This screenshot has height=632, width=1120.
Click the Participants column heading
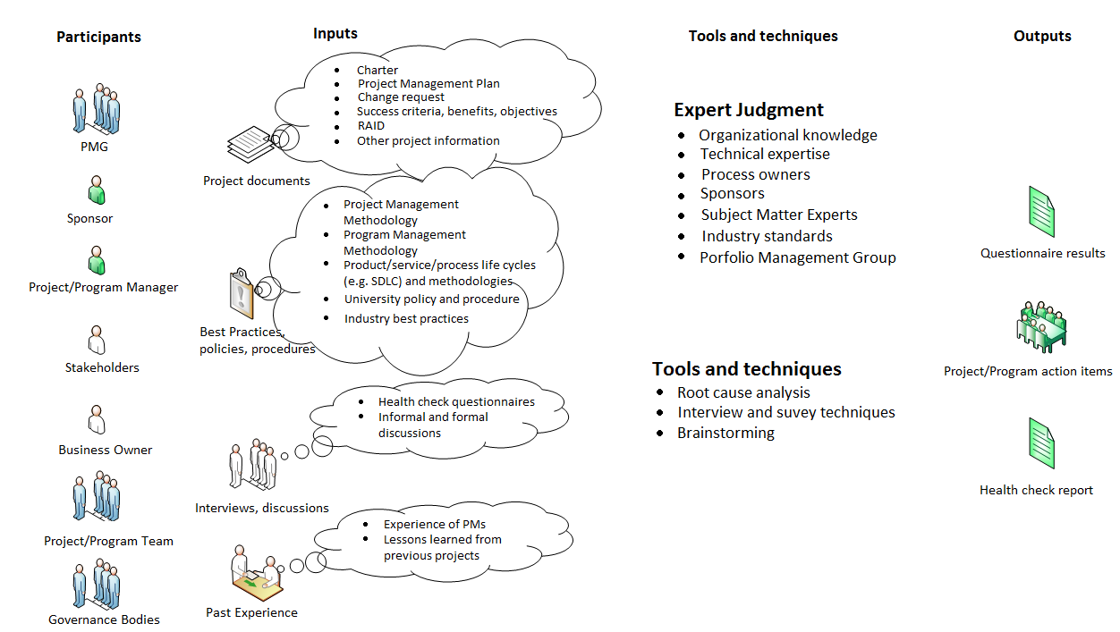click(98, 37)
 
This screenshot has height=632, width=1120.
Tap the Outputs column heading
click(1042, 36)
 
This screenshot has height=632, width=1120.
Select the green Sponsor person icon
click(97, 190)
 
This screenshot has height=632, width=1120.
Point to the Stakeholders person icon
click(97, 340)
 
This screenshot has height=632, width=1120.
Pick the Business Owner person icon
click(97, 419)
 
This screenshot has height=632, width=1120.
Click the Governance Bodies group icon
click(96, 586)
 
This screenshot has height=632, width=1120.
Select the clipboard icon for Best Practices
click(241, 294)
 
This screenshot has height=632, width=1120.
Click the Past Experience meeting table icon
click(257, 575)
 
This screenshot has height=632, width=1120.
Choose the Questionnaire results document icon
click(1041, 211)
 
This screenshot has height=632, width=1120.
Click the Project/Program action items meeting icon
click(1041, 327)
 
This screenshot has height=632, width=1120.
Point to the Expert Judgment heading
click(749, 110)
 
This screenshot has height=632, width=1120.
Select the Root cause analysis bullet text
click(743, 392)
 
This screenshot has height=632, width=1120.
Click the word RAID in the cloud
click(371, 126)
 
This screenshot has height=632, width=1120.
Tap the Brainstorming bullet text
click(725, 433)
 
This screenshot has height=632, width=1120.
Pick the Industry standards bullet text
click(767, 236)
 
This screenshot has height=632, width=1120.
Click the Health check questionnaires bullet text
click(456, 402)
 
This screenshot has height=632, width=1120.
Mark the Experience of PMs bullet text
click(435, 525)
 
